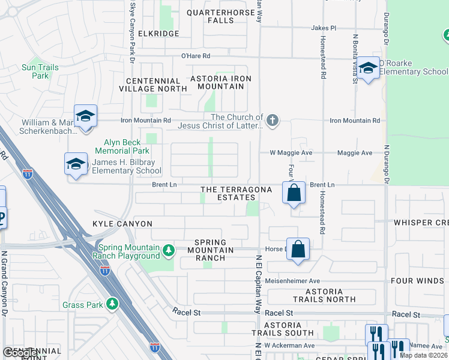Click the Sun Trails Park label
(40, 72)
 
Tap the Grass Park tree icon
(112, 304)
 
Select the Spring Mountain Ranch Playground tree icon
(169, 249)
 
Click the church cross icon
(273, 121)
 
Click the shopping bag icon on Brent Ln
(294, 193)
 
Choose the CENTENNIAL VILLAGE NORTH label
(154, 85)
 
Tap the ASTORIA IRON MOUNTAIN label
(220, 82)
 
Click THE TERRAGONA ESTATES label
(236, 193)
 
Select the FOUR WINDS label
(418, 281)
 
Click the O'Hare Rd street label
(196, 56)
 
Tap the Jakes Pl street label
(324, 28)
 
